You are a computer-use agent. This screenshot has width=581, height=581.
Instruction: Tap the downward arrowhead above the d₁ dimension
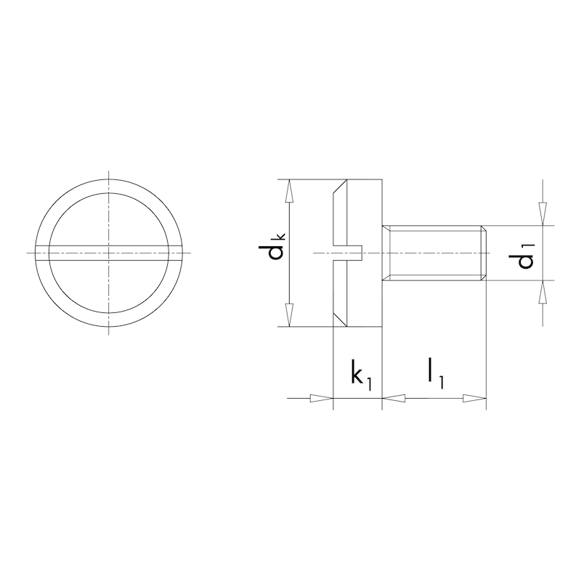coord(542,212)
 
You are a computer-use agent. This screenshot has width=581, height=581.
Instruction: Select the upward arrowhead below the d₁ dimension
coord(542,293)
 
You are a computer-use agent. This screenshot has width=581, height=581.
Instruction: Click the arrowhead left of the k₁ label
coord(320,398)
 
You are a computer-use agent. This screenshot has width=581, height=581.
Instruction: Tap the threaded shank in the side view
coord(432,252)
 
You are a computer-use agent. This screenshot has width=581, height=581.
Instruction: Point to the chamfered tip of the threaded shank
coord(483,252)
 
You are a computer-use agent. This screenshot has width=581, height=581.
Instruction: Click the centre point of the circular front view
coord(108,252)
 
